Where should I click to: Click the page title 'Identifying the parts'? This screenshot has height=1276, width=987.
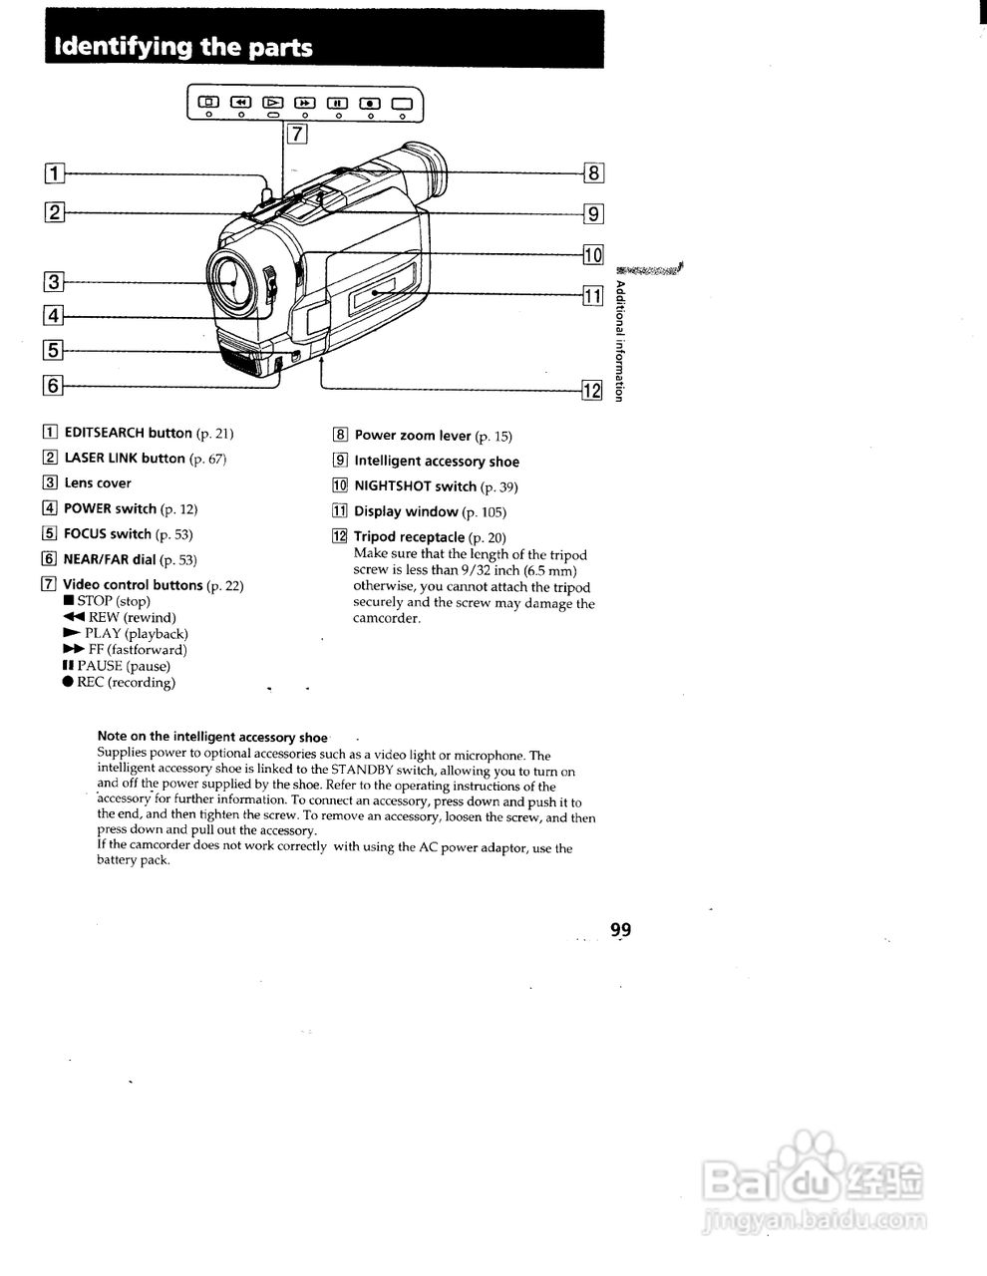point(183,47)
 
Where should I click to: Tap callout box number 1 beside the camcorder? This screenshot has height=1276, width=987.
point(54,173)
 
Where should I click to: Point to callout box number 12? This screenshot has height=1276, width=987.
point(593,390)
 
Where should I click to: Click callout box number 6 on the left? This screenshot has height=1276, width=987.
point(54,386)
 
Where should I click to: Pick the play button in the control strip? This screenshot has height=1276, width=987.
point(272,102)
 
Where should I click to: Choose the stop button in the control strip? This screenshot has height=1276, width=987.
point(208,102)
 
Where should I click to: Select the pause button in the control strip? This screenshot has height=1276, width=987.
point(337,102)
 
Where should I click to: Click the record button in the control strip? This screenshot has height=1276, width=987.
point(370,102)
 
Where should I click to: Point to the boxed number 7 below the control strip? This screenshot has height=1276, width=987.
point(297,133)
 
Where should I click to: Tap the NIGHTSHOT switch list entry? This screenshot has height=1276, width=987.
point(415,486)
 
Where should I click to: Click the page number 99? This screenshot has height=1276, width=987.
point(620,930)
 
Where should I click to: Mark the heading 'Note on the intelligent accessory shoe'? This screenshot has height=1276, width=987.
point(212,738)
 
